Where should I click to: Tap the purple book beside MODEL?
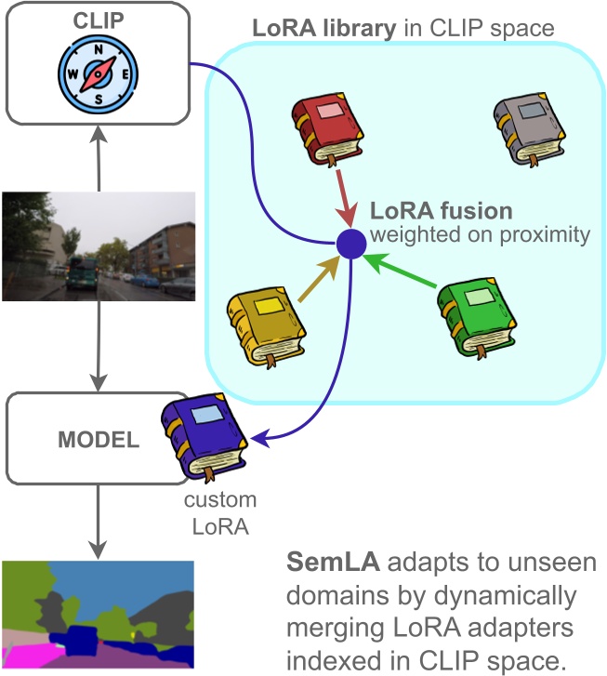(x=203, y=437)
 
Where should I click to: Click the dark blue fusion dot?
(x=350, y=245)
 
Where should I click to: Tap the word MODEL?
(x=99, y=438)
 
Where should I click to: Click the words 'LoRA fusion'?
(x=441, y=210)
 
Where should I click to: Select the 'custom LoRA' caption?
(x=218, y=512)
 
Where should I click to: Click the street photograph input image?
(x=98, y=246)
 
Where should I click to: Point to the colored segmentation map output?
(x=98, y=614)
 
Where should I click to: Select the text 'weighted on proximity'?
(x=479, y=235)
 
